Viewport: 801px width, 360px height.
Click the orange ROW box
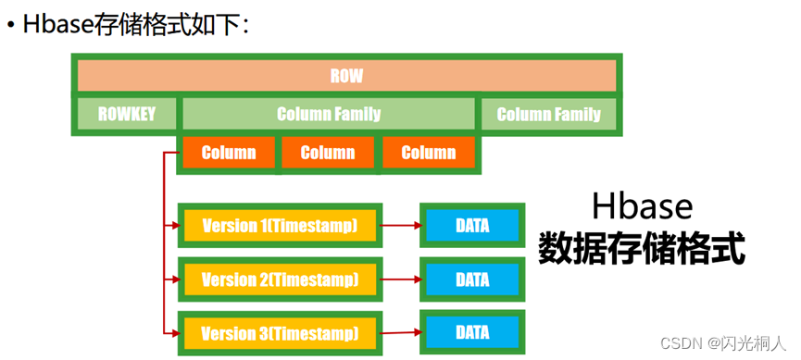[x=346, y=76]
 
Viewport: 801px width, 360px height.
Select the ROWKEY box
[x=127, y=115]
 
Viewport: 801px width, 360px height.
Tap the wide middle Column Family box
[x=329, y=115]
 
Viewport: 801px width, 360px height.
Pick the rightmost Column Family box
[x=549, y=115]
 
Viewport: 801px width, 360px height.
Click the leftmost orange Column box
[x=228, y=153]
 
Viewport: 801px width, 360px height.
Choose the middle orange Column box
[x=328, y=153]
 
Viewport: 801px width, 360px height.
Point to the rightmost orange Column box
[x=429, y=153]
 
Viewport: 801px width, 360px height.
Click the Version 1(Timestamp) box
[x=280, y=225]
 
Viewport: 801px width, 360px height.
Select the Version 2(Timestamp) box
[x=280, y=279]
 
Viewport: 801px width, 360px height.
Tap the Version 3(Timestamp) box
[x=280, y=332]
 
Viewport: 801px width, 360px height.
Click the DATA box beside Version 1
[x=472, y=225]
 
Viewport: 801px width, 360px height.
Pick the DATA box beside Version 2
[x=472, y=279]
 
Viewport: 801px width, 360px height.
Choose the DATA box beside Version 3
[x=472, y=332]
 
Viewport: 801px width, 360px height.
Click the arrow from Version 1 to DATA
[x=401, y=225]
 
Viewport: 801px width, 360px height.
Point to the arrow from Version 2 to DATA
[x=401, y=279]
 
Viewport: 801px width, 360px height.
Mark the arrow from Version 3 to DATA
[x=401, y=332]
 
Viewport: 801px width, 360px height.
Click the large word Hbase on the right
[x=642, y=205]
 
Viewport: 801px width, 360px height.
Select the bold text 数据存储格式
[x=642, y=247]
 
